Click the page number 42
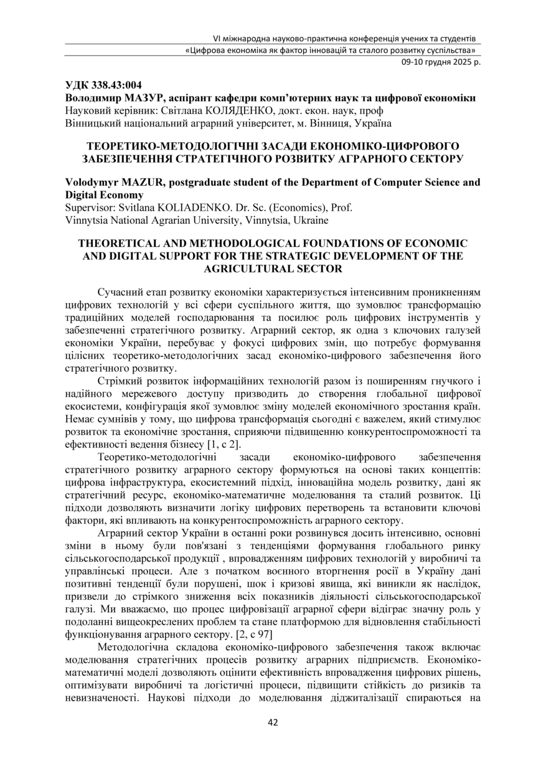point(273,723)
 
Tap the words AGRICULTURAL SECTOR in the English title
point(273,268)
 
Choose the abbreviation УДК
point(77,86)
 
